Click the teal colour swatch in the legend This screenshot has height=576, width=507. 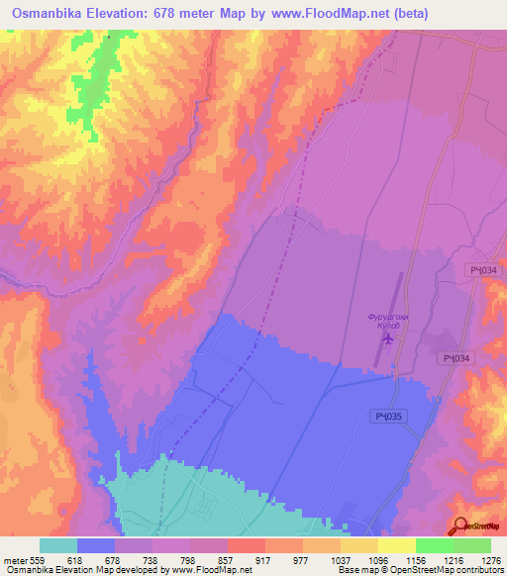click(58, 545)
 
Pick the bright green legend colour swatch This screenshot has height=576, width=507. click(435, 545)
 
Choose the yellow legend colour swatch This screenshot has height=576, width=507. click(359, 545)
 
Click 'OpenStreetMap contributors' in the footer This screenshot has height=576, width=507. click(443, 570)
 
